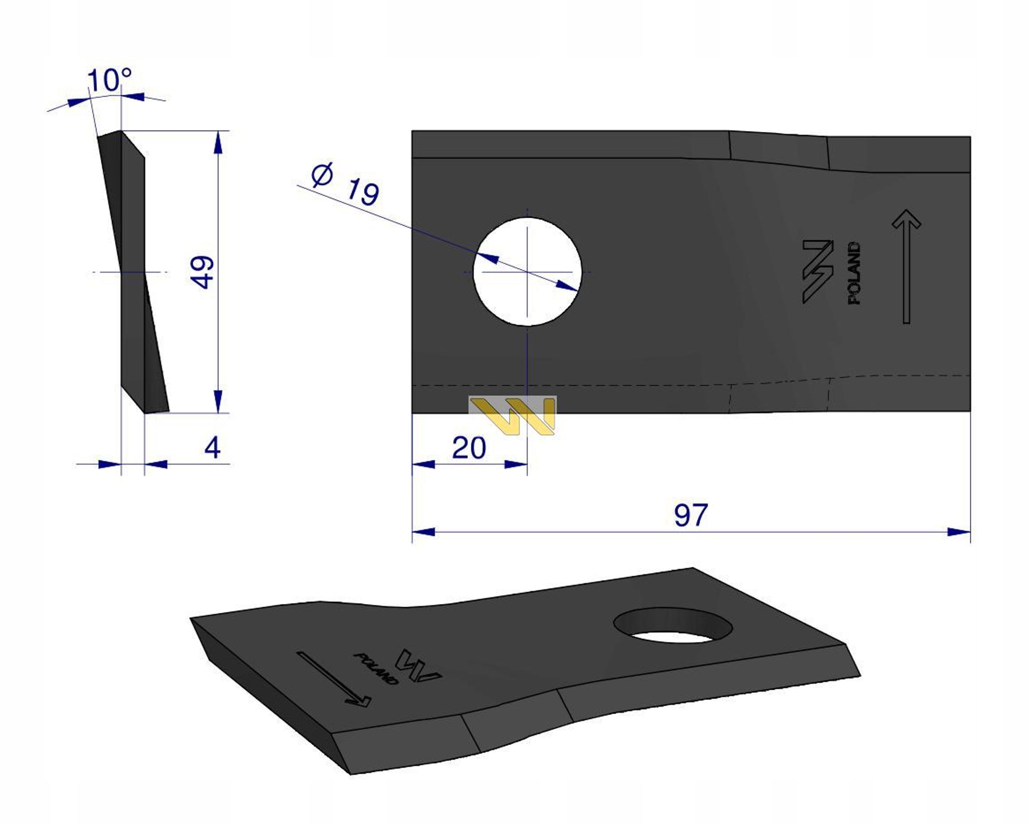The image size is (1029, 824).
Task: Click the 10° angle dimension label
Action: tap(109, 80)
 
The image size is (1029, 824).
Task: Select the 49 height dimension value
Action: tap(202, 272)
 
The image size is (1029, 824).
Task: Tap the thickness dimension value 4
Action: tap(212, 448)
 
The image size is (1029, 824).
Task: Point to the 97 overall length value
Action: tap(691, 515)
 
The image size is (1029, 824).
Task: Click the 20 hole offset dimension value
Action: tap(469, 448)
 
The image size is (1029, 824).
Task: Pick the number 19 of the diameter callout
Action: tap(363, 191)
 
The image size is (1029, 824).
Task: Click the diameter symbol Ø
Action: tap(323, 175)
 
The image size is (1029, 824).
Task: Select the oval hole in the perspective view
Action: tap(673, 625)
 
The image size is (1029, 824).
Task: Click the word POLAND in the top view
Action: tap(854, 273)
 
